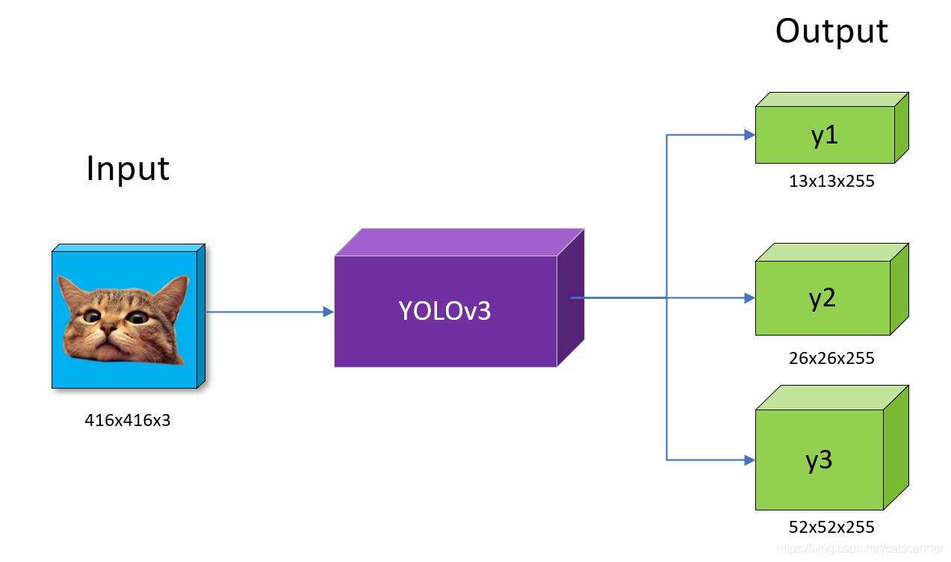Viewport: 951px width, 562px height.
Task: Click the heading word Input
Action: tap(128, 169)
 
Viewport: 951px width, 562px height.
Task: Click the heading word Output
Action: tap(831, 31)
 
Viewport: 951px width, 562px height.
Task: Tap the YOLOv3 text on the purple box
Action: tap(444, 310)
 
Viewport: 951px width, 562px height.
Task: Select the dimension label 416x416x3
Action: tap(128, 420)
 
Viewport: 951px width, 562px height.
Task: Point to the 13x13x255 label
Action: tap(831, 181)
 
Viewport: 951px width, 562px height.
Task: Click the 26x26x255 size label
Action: tap(831, 358)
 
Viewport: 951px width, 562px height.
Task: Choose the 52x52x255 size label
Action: tap(831, 527)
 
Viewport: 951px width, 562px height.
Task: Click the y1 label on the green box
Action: tap(824, 135)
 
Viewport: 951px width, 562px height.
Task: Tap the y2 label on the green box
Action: tap(822, 298)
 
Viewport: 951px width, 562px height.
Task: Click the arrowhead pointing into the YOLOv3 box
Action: tap(329, 312)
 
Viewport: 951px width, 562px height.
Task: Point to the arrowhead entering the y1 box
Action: tap(749, 135)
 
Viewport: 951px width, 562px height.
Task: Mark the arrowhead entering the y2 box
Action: tap(749, 298)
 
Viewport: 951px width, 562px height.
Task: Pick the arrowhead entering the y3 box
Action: tap(749, 460)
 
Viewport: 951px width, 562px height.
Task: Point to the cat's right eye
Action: tap(136, 317)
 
